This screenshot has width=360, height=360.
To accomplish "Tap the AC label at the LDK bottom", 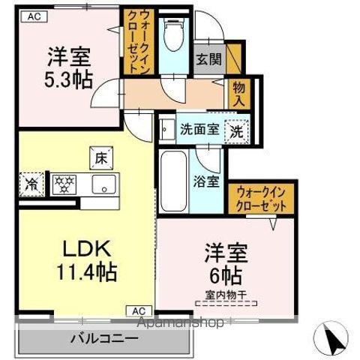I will coord(139,310).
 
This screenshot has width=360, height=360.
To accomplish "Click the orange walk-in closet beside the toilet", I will coord(140,41).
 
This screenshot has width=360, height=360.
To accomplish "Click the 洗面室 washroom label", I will coord(199,128).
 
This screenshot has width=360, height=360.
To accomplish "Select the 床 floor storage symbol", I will coord(100,157).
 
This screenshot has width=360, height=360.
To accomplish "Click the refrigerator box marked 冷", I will coord(31,183).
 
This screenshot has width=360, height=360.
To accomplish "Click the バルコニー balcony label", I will coord(98,336).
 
